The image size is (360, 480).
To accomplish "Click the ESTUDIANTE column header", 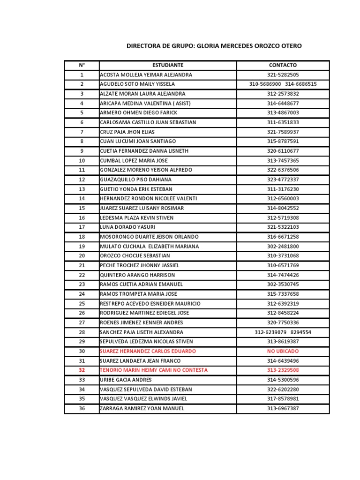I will point(168,65).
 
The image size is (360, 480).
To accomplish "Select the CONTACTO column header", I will point(283,65).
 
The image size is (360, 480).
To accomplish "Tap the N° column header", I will point(82,65).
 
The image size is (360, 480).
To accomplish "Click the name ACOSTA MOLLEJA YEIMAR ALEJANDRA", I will point(146,75).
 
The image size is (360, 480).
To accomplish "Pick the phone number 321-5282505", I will point(283,75).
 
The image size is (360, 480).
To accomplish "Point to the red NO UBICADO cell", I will point(283,351).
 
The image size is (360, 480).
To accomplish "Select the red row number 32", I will point(82,370).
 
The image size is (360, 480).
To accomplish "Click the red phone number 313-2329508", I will point(283,370).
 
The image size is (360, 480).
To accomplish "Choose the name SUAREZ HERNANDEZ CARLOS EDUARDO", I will point(148,351).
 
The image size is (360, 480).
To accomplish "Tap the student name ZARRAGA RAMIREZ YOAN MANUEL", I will point(142,408).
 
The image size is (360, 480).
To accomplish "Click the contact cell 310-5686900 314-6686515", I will point(283,84).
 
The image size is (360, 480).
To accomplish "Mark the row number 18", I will point(82,237).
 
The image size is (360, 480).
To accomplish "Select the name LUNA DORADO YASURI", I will point(127,227).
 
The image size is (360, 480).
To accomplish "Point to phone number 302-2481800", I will point(283,247).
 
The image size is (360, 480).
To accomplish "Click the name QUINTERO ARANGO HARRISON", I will point(137,275).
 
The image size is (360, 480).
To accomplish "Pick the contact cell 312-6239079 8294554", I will point(283,332).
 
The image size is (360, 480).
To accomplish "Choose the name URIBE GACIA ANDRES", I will point(126,380).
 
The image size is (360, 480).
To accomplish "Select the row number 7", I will point(82,132).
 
